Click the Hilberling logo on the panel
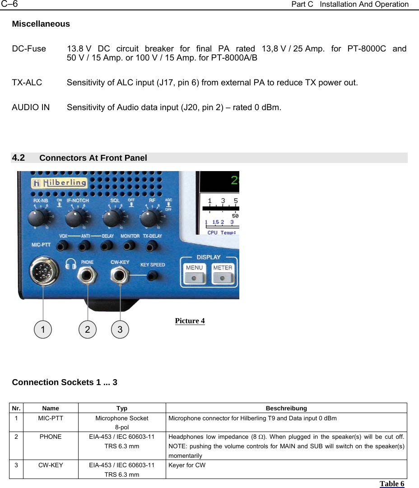(x=59, y=183)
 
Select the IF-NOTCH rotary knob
(x=74, y=220)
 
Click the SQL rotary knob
(x=111, y=220)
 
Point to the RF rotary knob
(x=149, y=219)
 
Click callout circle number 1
(x=43, y=330)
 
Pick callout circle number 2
(x=88, y=330)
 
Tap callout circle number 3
(x=120, y=330)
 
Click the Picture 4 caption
(x=190, y=321)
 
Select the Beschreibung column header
(x=286, y=408)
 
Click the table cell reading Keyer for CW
(x=187, y=465)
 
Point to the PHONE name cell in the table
(x=51, y=437)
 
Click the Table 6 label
(x=391, y=484)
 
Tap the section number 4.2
(x=19, y=158)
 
